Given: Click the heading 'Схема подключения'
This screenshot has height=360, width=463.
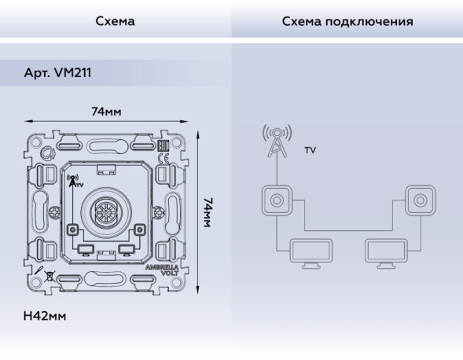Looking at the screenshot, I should tap(347, 21).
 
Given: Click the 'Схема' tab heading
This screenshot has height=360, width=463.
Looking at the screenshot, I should tap(115, 21).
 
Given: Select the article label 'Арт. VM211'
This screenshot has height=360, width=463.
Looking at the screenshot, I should tap(57, 72).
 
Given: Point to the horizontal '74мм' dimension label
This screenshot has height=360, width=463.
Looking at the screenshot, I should tap(106, 112).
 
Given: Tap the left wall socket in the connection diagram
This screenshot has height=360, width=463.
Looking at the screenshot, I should tap(276, 200).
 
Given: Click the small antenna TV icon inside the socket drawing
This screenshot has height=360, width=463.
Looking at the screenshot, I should tap(74, 182).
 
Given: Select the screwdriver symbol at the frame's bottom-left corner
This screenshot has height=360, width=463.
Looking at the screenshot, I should tap(37, 275).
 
